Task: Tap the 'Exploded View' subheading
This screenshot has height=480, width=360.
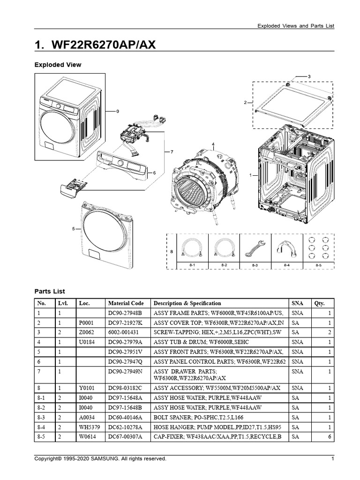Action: click(x=58, y=65)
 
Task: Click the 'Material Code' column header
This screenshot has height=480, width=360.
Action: click(x=126, y=303)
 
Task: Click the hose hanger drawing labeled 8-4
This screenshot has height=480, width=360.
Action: click(x=287, y=247)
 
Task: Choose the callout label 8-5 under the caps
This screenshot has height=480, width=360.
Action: click(x=319, y=266)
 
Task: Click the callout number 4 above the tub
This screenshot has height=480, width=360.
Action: click(x=213, y=144)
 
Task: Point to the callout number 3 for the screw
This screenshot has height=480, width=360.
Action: click(x=309, y=76)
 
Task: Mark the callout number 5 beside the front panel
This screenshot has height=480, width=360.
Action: click(x=73, y=229)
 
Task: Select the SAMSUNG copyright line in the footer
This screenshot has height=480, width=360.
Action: click(x=100, y=458)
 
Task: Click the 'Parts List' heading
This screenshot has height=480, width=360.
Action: click(x=50, y=291)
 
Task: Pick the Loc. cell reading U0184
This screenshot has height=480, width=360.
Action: click(x=87, y=343)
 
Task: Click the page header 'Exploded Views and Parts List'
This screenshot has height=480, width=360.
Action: click(x=296, y=26)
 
